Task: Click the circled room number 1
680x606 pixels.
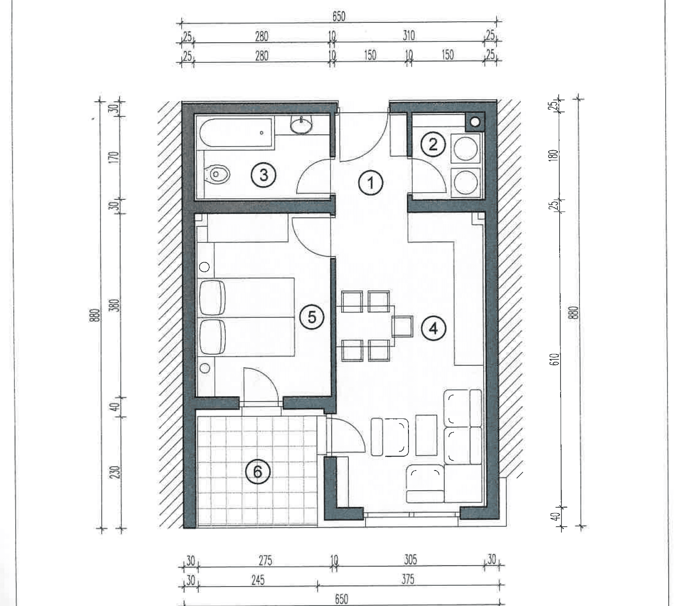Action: pos(371,183)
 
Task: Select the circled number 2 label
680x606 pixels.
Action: pos(433,145)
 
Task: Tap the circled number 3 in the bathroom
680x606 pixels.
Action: pos(264,175)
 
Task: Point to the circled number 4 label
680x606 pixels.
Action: pos(434,329)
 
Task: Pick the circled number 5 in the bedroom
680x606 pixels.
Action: pos(312,317)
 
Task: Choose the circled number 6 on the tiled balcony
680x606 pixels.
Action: pos(257,472)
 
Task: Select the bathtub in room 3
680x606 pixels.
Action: pos(237,133)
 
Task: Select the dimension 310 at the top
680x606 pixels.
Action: pos(408,35)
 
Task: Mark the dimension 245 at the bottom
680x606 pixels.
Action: pos(257,580)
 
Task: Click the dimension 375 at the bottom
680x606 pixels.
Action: pos(408,579)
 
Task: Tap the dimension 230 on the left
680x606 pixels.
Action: pos(116,472)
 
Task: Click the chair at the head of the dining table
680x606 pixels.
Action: pos(402,326)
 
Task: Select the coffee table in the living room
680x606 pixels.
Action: pos(426,435)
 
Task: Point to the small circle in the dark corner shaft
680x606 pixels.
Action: pos(475,122)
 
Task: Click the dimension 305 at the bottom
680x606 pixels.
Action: pos(410,559)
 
